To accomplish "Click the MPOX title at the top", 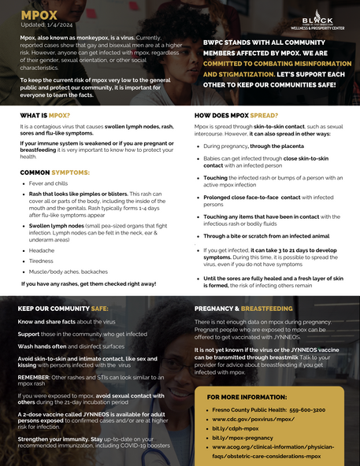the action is tap(39, 14).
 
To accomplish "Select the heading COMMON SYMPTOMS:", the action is tap(54, 171).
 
